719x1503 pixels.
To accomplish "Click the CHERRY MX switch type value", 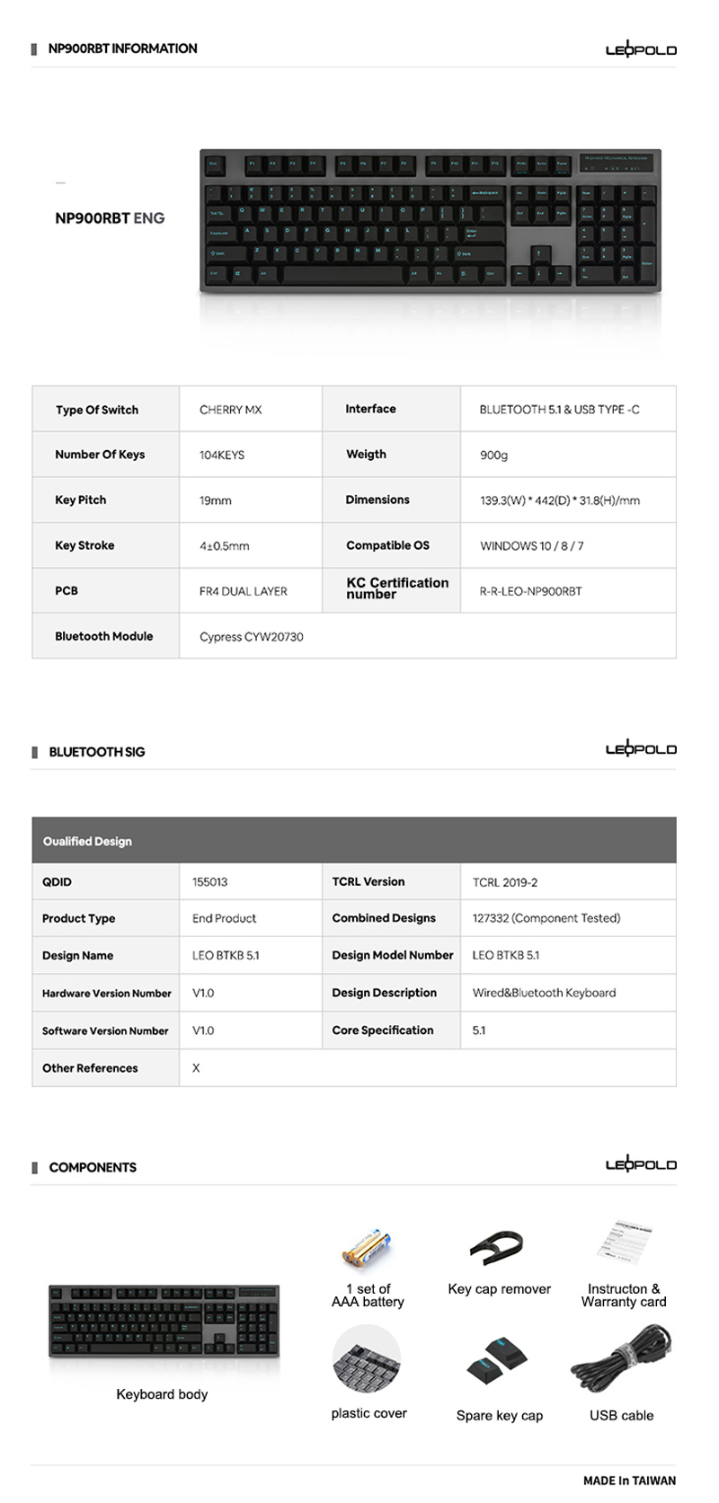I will [231, 410].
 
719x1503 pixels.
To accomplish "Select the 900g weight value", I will [493, 455].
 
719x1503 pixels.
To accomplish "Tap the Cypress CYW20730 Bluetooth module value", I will [252, 637].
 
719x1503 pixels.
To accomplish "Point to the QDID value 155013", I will [209, 882].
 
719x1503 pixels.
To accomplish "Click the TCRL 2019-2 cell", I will [505, 882].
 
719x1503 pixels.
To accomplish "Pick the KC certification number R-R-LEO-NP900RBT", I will [530, 591].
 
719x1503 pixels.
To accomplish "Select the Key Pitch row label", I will [81, 500].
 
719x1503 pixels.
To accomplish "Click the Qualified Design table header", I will [87, 842].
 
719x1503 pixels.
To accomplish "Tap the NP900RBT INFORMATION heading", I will [122, 49].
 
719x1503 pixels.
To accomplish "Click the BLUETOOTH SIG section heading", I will [96, 752].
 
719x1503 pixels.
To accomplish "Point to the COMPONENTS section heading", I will [93, 1167].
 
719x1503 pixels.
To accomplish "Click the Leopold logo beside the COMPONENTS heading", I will [640, 1164].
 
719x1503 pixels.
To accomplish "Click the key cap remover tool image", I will [496, 1247].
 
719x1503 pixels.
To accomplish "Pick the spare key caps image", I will [497, 1362].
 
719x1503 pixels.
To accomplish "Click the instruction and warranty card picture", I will [624, 1244].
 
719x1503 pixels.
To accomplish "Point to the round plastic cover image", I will [367, 1359].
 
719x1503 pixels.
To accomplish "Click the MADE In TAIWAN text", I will [629, 1481].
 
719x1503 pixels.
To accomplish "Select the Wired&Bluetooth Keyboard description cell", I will [544, 994].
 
